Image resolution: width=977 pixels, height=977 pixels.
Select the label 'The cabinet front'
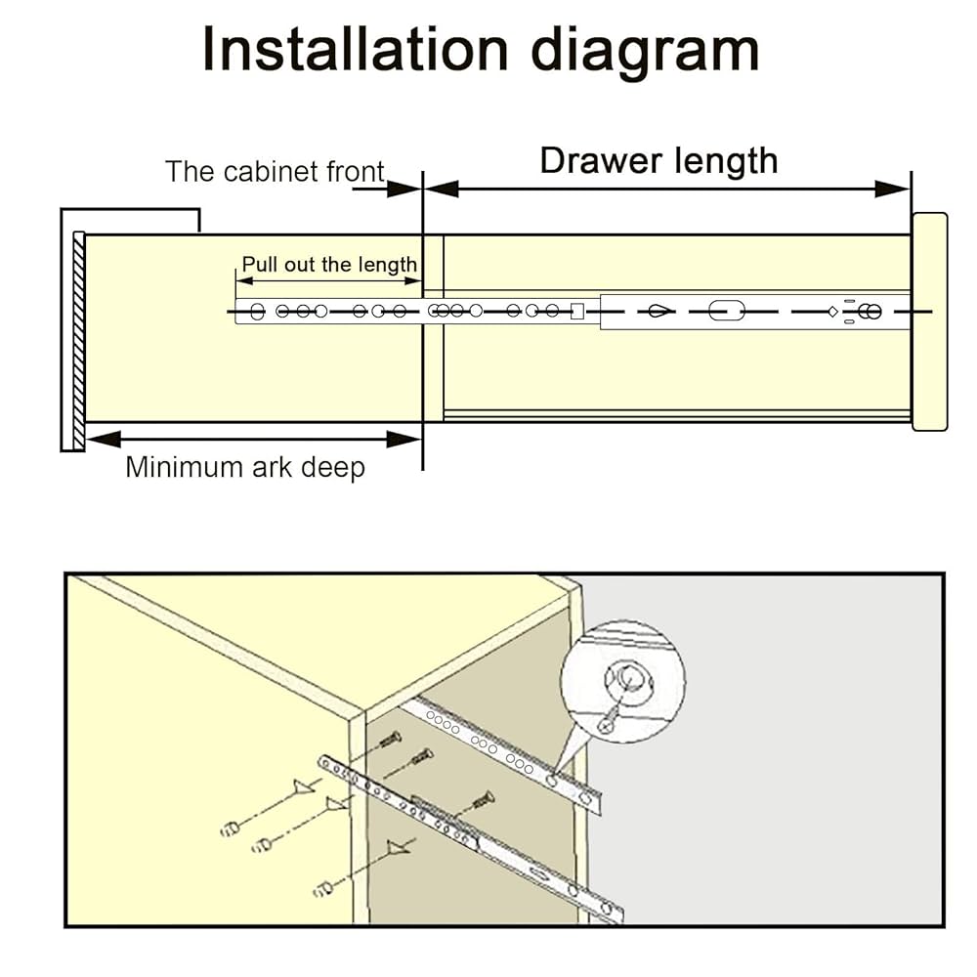click(275, 172)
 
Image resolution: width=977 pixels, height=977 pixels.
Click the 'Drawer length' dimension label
click(658, 160)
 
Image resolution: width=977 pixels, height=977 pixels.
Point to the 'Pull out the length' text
click(329, 264)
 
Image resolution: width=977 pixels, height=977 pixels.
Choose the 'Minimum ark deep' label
click(244, 467)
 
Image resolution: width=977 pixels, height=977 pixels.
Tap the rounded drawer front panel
click(929, 321)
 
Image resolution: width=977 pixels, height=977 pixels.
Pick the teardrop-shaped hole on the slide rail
click(659, 312)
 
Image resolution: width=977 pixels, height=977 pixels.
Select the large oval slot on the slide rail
click(726, 312)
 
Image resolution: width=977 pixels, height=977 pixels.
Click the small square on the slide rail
click(576, 312)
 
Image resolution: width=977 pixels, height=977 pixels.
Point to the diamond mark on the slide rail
click(831, 312)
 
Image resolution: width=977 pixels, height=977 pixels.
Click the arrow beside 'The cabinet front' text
click(386, 187)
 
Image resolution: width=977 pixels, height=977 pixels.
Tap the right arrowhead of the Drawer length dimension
click(893, 189)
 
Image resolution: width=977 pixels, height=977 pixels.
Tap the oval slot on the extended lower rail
click(540, 872)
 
